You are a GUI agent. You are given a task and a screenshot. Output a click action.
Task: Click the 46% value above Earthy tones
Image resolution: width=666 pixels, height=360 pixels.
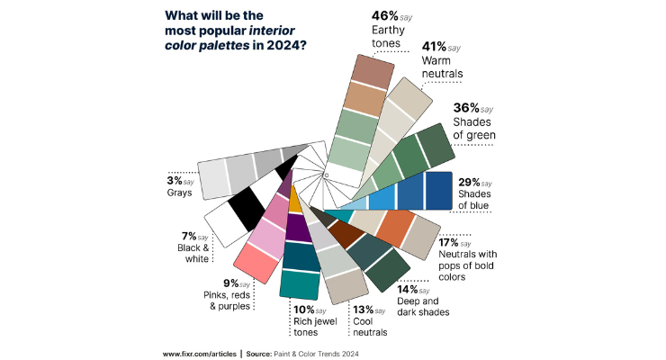pyautogui.click(x=384, y=16)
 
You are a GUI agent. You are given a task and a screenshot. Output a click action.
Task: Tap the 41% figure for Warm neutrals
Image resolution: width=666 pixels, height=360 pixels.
pyautogui.click(x=434, y=47)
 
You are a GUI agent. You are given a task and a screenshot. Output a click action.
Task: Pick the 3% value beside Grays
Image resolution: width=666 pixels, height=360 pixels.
pyautogui.click(x=171, y=180)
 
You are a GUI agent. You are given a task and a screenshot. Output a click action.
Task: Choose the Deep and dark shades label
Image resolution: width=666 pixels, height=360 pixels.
pyautogui.click(x=422, y=307)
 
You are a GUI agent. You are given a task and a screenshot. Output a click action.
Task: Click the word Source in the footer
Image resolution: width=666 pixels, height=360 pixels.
pyautogui.click(x=261, y=354)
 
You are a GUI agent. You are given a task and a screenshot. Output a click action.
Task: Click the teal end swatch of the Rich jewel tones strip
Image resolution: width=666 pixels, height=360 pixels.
pyautogui.click(x=296, y=284)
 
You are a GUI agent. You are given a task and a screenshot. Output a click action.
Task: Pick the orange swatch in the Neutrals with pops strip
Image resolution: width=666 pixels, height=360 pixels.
pyautogui.click(x=395, y=229)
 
